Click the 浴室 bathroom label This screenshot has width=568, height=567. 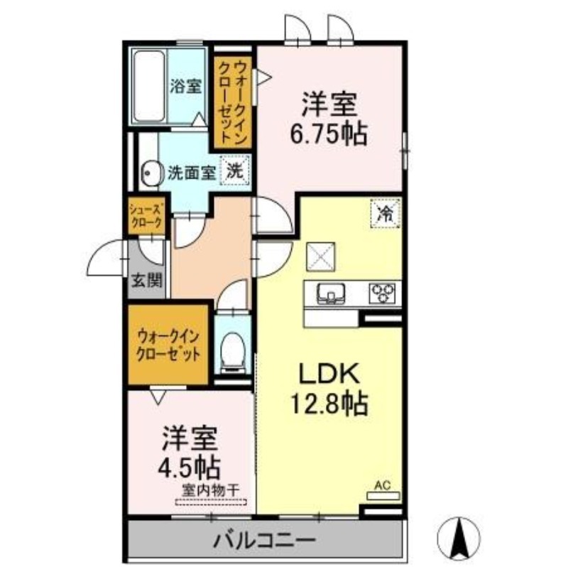[186, 86]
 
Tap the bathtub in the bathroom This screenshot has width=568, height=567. [149, 87]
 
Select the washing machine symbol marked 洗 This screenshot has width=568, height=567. [236, 171]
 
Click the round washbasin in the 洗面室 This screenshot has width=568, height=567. [148, 174]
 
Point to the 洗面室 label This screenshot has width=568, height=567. [192, 173]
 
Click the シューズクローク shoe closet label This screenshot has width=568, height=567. [146, 216]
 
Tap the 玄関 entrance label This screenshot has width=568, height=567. [146, 280]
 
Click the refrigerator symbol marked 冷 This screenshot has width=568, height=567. [385, 213]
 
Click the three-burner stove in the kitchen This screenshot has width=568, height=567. [383, 293]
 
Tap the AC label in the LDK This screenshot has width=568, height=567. [383, 486]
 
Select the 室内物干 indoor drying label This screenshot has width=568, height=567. [210, 491]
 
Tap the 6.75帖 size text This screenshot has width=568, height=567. [329, 134]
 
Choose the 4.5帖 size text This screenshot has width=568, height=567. [189, 467]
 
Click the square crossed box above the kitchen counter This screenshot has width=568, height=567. [321, 256]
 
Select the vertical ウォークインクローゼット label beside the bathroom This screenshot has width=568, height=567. [232, 102]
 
